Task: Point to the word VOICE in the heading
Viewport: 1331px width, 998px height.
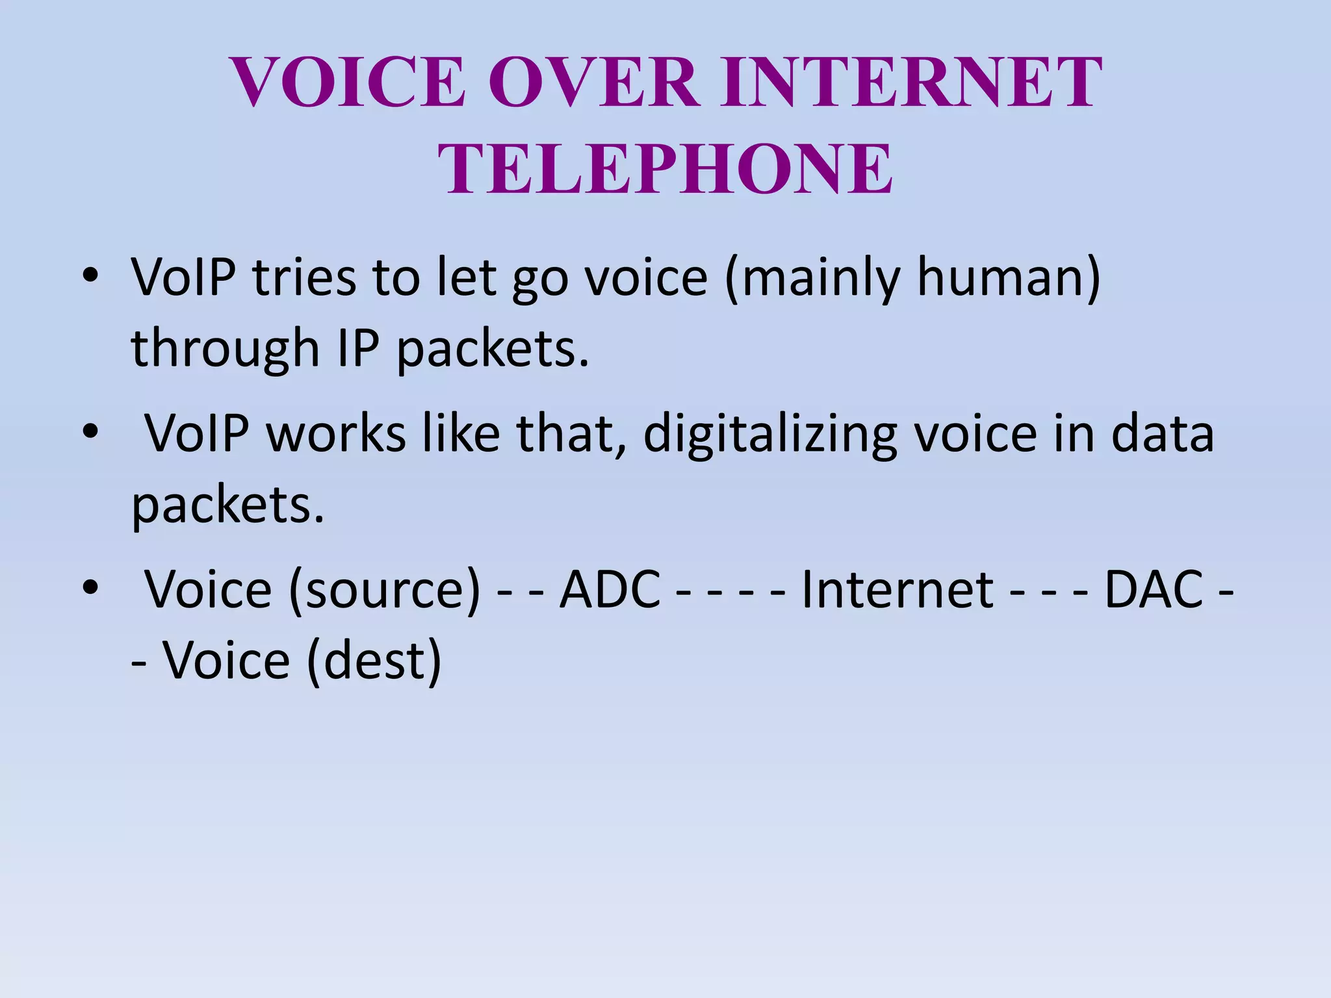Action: point(348,83)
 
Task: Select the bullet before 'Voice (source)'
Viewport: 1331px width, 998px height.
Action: point(90,586)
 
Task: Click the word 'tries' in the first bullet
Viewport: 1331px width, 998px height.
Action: point(304,277)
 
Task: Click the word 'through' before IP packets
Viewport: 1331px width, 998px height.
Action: point(225,350)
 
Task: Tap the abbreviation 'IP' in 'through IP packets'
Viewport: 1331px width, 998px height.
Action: point(358,348)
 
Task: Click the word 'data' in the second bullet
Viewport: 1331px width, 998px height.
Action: point(1163,433)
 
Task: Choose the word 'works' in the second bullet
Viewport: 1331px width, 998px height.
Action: point(337,433)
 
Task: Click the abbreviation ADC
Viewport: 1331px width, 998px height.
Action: point(610,590)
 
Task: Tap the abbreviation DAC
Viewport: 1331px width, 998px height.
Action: point(1154,590)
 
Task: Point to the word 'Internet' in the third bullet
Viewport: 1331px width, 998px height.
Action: point(898,590)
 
